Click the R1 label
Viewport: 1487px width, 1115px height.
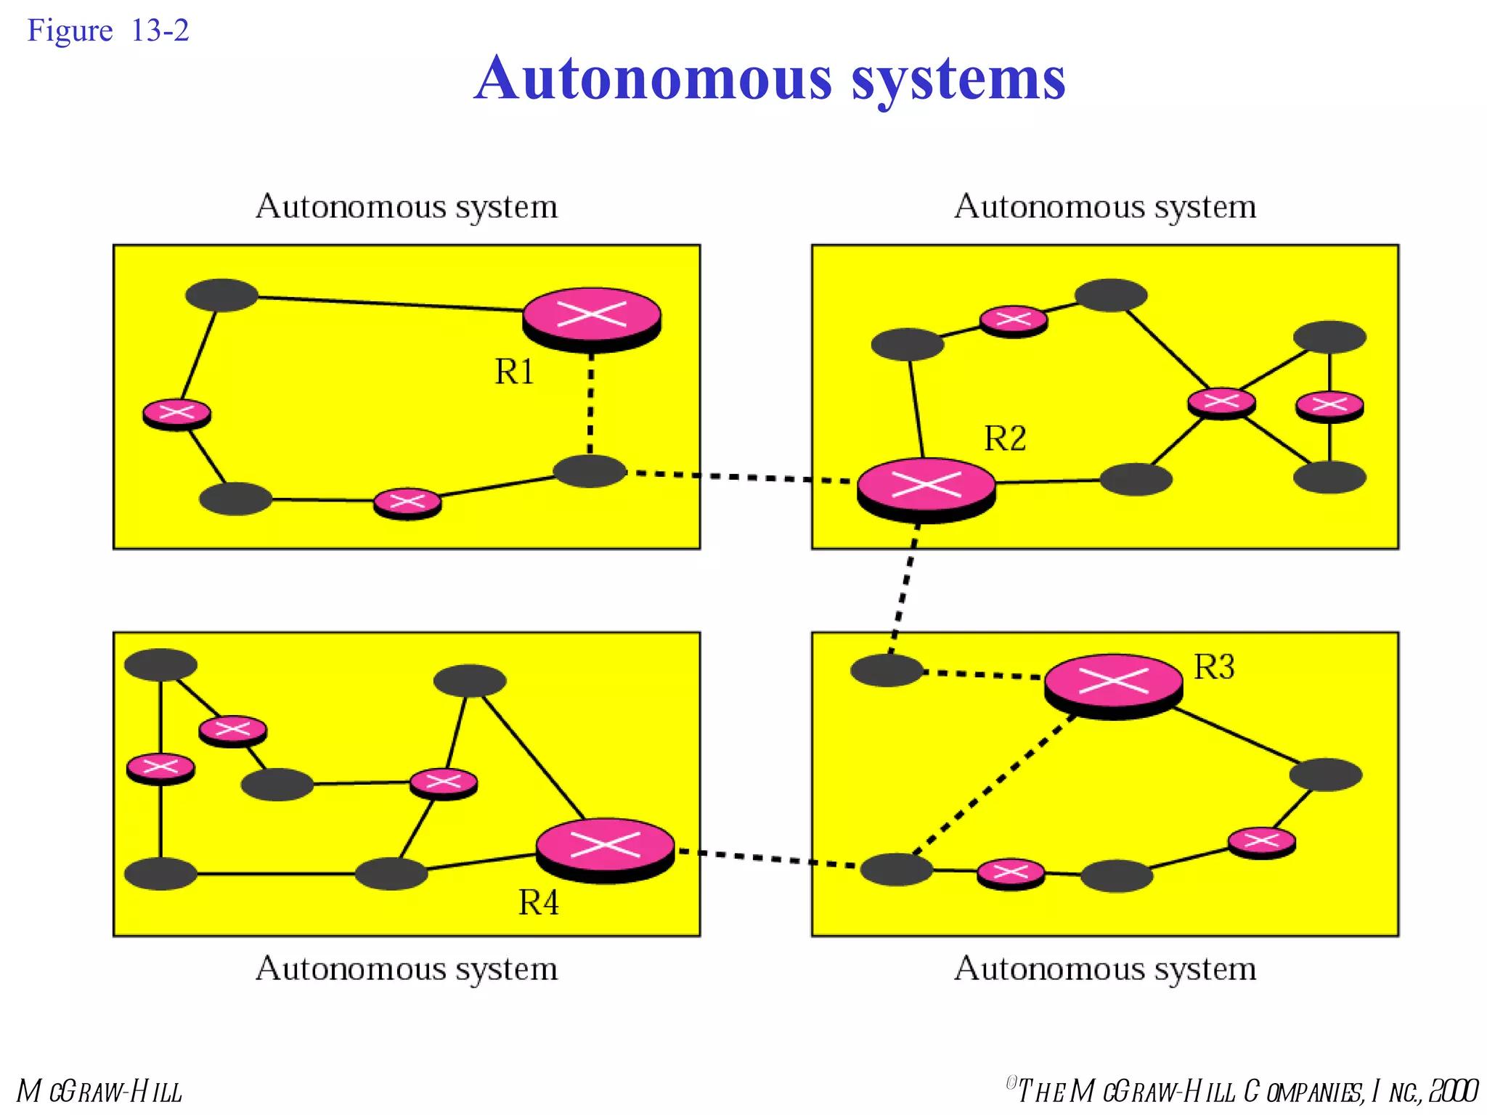(x=514, y=372)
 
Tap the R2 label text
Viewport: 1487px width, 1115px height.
(x=1005, y=438)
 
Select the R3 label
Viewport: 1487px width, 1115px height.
(x=1213, y=666)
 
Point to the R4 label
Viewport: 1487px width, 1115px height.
(x=538, y=902)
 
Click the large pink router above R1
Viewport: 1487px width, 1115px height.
(x=592, y=317)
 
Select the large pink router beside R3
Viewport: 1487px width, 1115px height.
(x=1113, y=684)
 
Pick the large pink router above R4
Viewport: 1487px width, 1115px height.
(x=605, y=848)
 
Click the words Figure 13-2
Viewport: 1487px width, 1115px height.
(x=107, y=30)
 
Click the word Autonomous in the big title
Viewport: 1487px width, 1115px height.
(x=653, y=78)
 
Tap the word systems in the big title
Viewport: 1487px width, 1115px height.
(x=958, y=78)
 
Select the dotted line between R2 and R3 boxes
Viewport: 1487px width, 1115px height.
(x=903, y=588)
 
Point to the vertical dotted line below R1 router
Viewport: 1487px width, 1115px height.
(x=590, y=403)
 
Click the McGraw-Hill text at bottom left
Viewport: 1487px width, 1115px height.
(x=99, y=1091)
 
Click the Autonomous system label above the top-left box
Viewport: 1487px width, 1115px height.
(x=407, y=207)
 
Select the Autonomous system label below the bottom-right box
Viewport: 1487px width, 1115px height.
(x=1104, y=969)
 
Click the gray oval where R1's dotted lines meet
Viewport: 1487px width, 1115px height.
(x=590, y=471)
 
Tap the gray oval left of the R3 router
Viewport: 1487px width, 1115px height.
(x=886, y=670)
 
